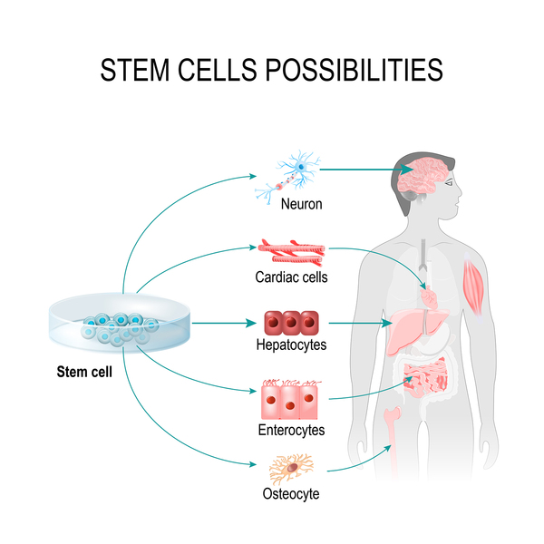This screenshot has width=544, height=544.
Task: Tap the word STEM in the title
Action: pyautogui.click(x=134, y=70)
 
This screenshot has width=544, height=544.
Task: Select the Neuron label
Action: pyautogui.click(x=302, y=204)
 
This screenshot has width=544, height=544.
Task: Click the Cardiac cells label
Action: pyautogui.click(x=291, y=277)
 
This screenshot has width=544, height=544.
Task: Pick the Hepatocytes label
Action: pyautogui.click(x=291, y=345)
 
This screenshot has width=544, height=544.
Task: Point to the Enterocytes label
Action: pyautogui.click(x=291, y=430)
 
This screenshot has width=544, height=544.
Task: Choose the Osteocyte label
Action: pyautogui.click(x=291, y=494)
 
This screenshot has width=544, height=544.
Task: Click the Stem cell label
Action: pyautogui.click(x=84, y=372)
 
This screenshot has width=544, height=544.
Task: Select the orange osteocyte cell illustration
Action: pyautogui.click(x=291, y=469)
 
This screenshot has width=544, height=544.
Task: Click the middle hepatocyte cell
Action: pyautogui.click(x=291, y=323)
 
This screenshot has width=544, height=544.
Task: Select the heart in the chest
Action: pyautogui.click(x=429, y=297)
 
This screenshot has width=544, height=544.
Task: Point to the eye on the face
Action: pyautogui.click(x=449, y=182)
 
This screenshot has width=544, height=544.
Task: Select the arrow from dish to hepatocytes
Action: pyautogui.click(x=224, y=323)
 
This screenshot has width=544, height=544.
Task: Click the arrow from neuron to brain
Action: pyautogui.click(x=366, y=170)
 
